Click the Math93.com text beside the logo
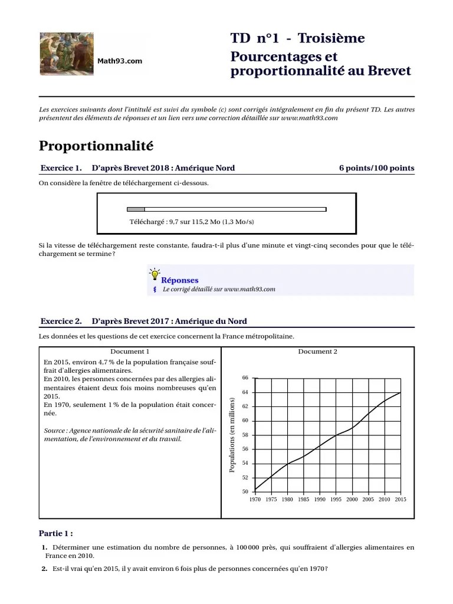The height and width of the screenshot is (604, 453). point(120,61)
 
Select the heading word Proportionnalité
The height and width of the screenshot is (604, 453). point(96,145)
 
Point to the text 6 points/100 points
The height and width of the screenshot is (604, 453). point(376,168)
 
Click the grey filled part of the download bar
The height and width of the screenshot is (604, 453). point(136,209)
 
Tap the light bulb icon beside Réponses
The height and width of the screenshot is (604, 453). point(155,274)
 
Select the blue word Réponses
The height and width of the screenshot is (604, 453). point(180,280)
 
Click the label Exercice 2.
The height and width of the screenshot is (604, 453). point(61,321)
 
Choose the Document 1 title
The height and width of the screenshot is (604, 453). point(130,352)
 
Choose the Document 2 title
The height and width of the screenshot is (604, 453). point(317,352)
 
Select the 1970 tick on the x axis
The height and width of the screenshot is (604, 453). point(255,500)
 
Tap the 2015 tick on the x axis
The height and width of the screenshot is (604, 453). point(400,500)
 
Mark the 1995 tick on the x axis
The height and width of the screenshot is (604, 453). point(336,500)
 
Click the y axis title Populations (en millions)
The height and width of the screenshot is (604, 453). point(232,435)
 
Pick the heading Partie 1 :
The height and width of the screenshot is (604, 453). point(56,533)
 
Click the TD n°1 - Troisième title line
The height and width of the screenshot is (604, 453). point(297,39)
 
